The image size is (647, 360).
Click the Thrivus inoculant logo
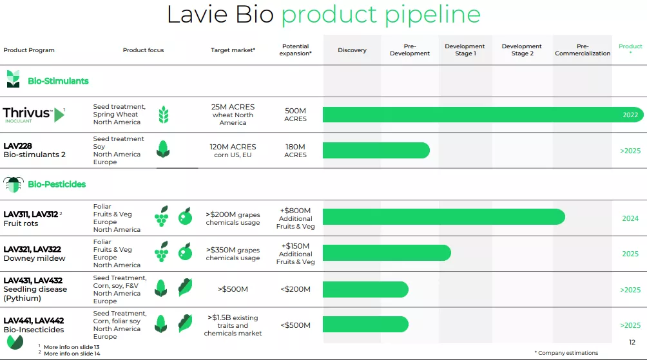[x=34, y=115]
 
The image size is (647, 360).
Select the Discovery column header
[x=352, y=50]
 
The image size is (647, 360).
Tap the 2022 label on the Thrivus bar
[x=630, y=115]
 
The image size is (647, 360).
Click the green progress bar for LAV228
[x=376, y=151]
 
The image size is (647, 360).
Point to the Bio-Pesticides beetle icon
[x=13, y=184]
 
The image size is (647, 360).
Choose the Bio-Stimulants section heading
[x=58, y=81]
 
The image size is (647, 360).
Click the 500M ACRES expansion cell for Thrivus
[x=295, y=115]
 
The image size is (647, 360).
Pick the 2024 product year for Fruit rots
[x=630, y=218]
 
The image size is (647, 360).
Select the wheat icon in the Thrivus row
[x=164, y=115]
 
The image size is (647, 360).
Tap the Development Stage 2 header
[x=522, y=50]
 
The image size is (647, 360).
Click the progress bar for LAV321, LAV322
[x=387, y=253]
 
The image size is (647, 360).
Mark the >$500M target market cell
[x=233, y=289]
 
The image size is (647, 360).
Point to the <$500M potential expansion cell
[x=295, y=325]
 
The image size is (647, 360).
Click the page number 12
[x=632, y=342]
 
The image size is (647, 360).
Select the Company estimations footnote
[x=566, y=353]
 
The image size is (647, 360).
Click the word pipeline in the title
[x=433, y=15]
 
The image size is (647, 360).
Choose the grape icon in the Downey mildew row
[x=161, y=252]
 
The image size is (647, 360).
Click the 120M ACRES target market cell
[x=233, y=151]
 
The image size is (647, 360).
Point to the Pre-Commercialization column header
[x=583, y=50]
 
